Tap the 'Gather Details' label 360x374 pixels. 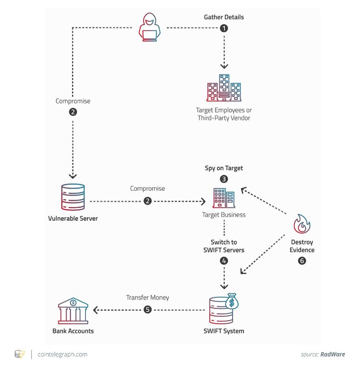224,17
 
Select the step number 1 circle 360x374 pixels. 224,28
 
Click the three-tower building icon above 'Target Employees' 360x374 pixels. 224,88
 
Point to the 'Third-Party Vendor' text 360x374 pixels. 224,118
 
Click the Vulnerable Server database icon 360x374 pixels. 73,197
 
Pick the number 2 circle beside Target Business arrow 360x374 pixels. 147,201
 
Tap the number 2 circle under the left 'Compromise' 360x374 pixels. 73,112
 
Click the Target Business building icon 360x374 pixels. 224,198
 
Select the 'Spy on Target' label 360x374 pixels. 224,168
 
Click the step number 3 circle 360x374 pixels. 224,179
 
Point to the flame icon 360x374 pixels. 302,223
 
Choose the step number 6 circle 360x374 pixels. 302,261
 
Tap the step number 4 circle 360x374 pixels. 224,261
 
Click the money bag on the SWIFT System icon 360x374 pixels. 232,301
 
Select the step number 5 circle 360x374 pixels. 147,310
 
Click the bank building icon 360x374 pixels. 73,310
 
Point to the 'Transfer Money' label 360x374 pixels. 147,297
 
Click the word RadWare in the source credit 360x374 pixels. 332,354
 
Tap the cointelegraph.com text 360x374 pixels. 62,354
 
